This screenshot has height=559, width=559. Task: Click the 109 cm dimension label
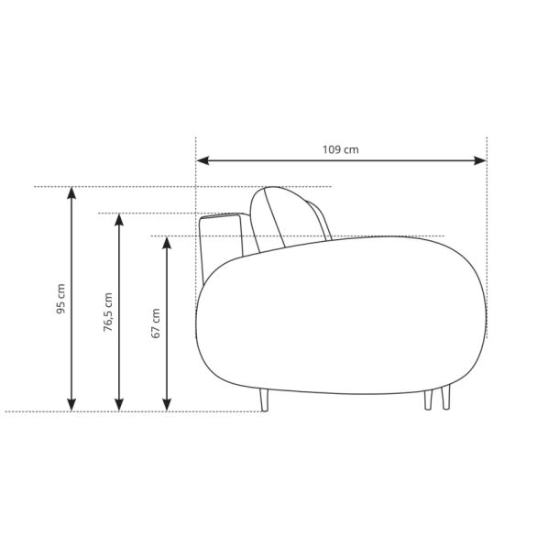(x=341, y=149)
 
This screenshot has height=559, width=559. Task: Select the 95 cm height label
(x=61, y=299)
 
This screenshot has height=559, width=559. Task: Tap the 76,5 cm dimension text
(x=107, y=312)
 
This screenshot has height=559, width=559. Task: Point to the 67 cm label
(x=156, y=323)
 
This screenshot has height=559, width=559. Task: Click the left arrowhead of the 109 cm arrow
(x=203, y=160)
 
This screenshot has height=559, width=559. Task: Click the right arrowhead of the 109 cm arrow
(x=480, y=160)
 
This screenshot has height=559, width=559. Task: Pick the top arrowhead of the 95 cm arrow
(x=71, y=193)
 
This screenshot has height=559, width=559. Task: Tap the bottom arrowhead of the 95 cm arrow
(x=71, y=405)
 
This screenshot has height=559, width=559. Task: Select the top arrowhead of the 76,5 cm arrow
(x=119, y=220)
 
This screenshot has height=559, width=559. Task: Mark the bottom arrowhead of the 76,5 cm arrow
(x=119, y=405)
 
